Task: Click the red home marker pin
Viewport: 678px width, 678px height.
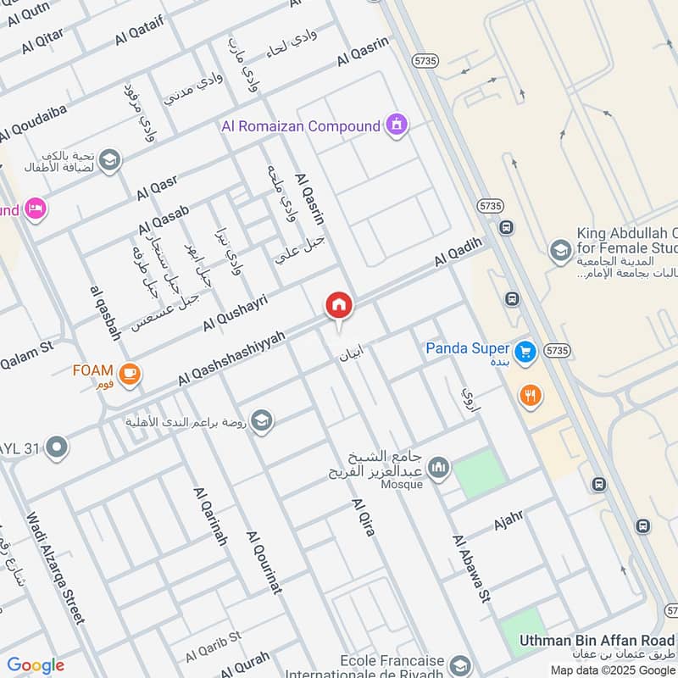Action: [x=339, y=306]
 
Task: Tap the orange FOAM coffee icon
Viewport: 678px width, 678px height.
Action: [x=130, y=374]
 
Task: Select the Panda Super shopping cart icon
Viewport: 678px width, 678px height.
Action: [x=525, y=349]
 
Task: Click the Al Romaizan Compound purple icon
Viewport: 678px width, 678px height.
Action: [x=396, y=126]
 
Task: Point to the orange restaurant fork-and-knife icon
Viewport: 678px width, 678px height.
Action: [x=531, y=394]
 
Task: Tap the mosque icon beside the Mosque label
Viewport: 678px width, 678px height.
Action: [x=438, y=467]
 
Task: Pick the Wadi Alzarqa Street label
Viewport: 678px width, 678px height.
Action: [x=55, y=568]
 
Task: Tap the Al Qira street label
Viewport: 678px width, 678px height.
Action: [x=363, y=517]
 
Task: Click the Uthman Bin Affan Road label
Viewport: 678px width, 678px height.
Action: [x=597, y=640]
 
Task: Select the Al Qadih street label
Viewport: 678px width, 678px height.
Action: [x=458, y=253]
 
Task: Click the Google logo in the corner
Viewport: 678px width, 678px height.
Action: [x=36, y=665]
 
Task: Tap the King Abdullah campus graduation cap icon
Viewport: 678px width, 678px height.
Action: [x=559, y=250]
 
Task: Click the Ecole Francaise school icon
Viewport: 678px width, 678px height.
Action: [x=460, y=664]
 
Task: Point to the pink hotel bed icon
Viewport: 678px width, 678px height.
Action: [x=35, y=208]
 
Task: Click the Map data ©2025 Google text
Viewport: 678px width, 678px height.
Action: [x=612, y=669]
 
